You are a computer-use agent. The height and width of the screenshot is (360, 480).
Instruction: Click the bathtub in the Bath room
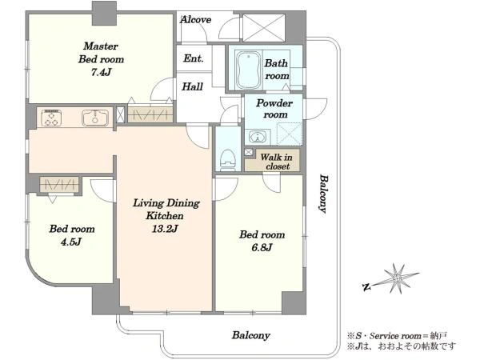coord(249,70)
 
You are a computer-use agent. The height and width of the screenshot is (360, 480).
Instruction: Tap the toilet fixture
coord(228,159)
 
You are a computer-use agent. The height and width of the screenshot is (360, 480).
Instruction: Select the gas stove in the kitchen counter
coord(51,118)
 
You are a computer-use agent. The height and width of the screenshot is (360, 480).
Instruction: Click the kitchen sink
coord(95,118)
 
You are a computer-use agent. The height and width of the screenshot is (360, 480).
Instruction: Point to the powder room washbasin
coord(258,137)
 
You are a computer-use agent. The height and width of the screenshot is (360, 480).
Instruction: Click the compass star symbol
coord(397,278)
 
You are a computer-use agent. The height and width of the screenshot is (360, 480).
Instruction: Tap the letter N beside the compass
coord(366,287)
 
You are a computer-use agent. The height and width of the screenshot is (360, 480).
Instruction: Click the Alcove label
coord(196,20)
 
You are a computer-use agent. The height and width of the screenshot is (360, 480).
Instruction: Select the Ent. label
coord(194,58)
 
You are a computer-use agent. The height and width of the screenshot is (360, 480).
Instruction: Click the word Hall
coord(192,86)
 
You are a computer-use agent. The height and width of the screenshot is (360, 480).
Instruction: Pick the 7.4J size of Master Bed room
coord(101,72)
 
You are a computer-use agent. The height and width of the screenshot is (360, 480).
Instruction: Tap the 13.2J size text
coord(165,228)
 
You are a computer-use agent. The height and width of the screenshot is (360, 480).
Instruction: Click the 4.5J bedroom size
coord(71,242)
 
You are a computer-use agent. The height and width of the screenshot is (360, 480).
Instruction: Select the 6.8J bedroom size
coord(262,247)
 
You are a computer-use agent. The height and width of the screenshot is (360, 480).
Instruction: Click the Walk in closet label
coord(276,162)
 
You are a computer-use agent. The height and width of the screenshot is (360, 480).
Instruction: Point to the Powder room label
coord(274,109)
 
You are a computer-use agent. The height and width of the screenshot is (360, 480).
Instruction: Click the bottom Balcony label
coord(250,335)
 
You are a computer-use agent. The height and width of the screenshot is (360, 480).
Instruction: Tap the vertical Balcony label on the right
coord(323,194)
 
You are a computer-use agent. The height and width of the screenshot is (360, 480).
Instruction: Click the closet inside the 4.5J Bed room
coord(59,185)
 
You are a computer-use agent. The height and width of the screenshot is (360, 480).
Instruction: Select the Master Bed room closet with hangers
coord(150,114)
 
